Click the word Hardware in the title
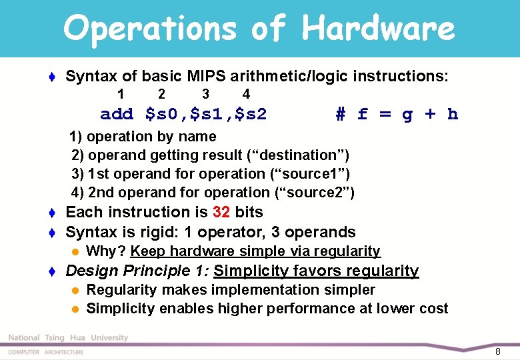[378, 29]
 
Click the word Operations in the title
[150, 29]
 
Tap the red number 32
[221, 212]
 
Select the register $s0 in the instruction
[161, 115]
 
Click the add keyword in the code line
[117, 115]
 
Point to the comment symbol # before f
[340, 115]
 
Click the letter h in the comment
[453, 115]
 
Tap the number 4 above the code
[246, 94]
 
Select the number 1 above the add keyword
[120, 94]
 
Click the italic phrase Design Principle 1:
[137, 271]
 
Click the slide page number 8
[497, 351]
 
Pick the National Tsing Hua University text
[68, 338]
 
